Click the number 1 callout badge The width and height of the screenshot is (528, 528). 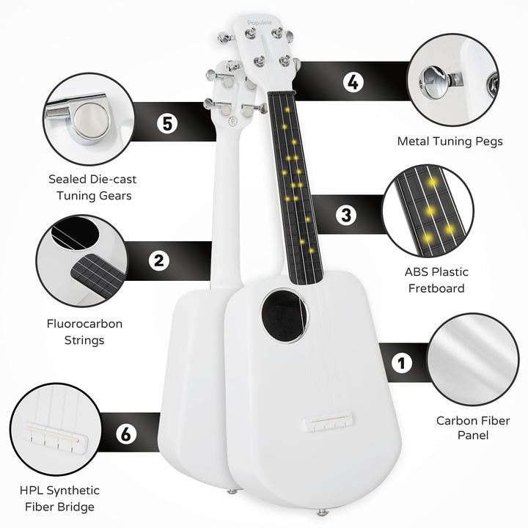401,363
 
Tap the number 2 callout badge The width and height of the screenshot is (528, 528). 159,260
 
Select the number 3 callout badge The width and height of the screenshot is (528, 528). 346,215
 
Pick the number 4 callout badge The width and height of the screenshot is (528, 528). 353,82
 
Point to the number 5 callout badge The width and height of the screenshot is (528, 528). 167,123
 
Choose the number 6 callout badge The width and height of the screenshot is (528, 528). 126,433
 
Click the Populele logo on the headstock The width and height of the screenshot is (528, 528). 260,23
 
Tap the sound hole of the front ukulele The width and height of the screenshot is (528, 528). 285,315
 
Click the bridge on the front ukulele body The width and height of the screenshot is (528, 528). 329,422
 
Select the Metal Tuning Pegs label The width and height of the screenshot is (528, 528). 450,142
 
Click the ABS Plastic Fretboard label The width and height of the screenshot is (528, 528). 436,280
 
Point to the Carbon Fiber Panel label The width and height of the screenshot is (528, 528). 473,428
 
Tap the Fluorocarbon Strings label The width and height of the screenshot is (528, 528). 84,332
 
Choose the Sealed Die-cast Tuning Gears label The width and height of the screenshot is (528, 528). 93,187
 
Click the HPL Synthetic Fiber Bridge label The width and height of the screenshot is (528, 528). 59,499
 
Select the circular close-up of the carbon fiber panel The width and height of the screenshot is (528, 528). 473,359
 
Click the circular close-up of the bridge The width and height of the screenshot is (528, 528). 56,429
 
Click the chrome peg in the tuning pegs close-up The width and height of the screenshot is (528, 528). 434,81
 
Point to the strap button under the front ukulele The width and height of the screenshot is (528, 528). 322,513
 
